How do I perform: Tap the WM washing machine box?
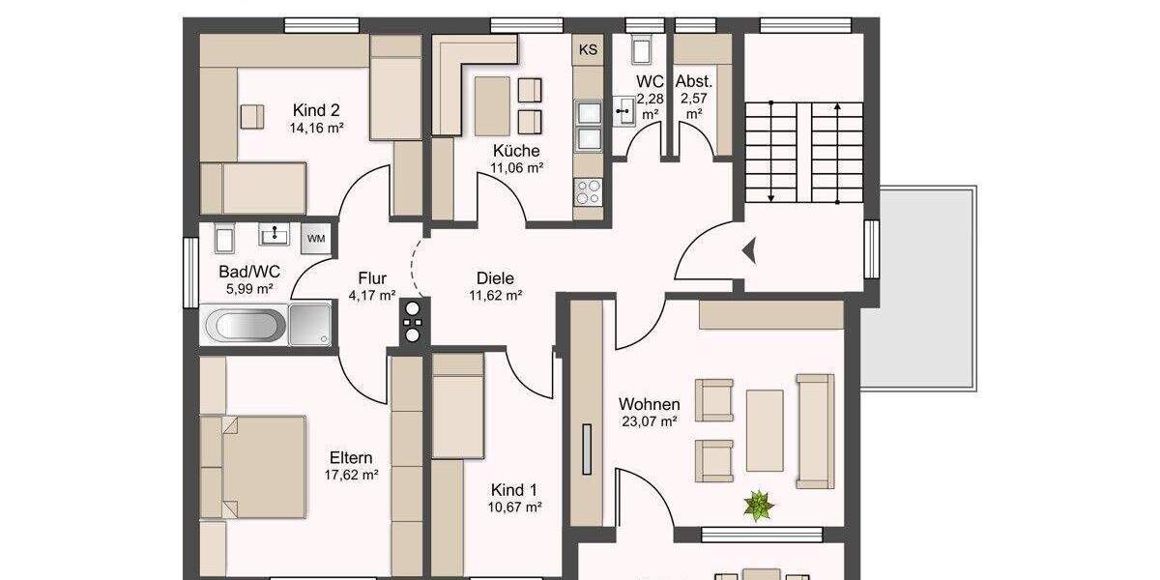315,237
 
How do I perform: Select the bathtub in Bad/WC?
246,325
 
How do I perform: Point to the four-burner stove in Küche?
588,192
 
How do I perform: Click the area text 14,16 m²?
316,128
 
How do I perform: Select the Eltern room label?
351,457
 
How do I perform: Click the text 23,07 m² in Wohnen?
648,421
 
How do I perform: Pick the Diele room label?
496,278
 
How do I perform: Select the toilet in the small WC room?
639,49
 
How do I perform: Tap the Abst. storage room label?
693,82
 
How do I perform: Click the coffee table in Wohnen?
765,430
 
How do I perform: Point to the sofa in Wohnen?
815,430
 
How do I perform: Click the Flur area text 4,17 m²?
372,295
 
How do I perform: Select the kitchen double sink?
588,127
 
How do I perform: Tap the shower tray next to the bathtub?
310,324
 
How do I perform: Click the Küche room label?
516,151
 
